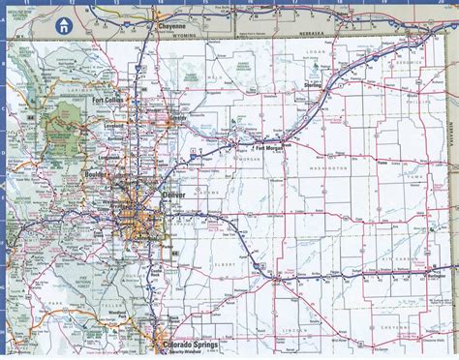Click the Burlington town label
434,276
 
